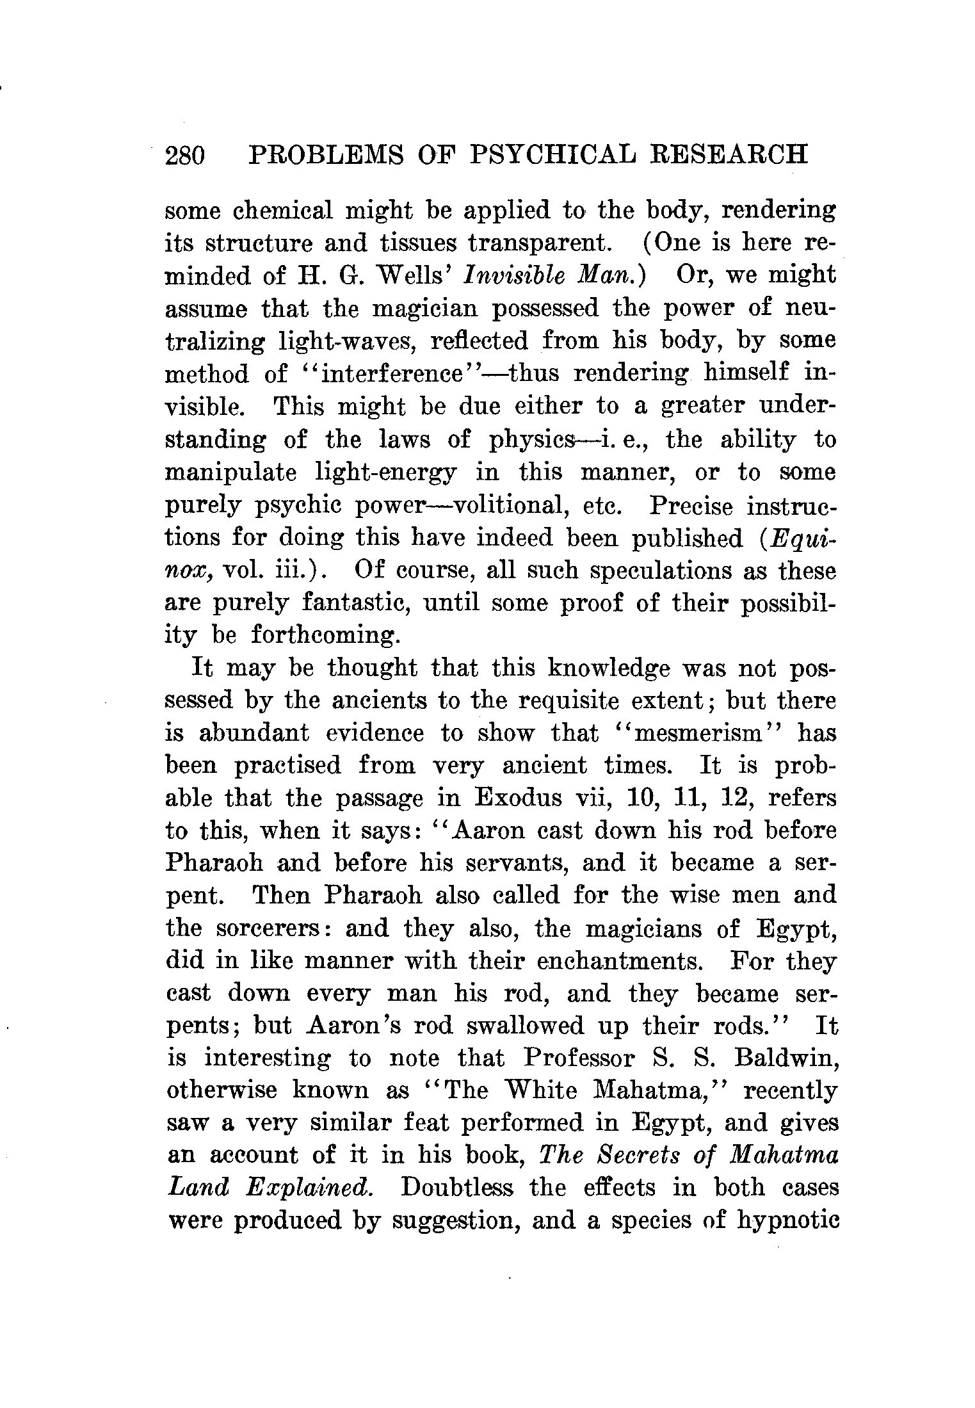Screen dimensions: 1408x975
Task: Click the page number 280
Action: point(185,156)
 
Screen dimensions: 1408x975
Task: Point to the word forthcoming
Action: point(326,635)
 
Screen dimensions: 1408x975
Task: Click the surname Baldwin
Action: point(786,1059)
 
